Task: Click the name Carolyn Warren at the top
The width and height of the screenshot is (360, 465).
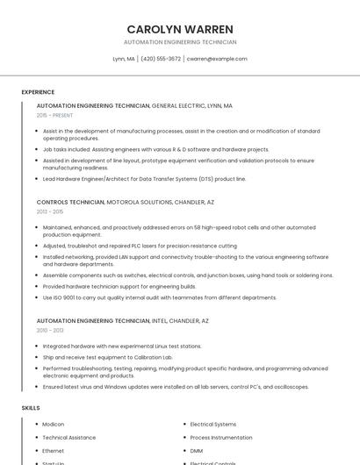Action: (179, 29)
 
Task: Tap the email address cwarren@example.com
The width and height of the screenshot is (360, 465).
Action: (217, 59)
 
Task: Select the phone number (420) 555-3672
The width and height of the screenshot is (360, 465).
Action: (161, 59)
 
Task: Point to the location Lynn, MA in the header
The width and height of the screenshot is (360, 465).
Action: (124, 59)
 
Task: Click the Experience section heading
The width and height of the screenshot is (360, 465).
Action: (38, 92)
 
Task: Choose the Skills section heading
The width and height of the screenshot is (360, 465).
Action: (31, 408)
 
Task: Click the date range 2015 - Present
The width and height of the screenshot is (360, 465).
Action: (54, 115)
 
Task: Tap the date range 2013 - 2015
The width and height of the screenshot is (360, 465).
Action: (50, 211)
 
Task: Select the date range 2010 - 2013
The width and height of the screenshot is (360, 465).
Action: (50, 331)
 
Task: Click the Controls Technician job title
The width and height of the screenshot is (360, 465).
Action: (70, 202)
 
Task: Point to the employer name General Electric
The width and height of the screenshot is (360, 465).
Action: (179, 105)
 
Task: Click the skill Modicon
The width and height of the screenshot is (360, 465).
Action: (54, 425)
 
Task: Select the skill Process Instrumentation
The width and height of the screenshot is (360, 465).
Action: (221, 437)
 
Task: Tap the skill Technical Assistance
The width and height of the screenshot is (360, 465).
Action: (69, 437)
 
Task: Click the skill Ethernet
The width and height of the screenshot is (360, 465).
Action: (54, 450)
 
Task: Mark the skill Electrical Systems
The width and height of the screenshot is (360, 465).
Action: (213, 425)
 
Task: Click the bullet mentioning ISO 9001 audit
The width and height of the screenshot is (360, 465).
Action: (160, 297)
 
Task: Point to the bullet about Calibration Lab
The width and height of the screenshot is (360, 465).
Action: (108, 357)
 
